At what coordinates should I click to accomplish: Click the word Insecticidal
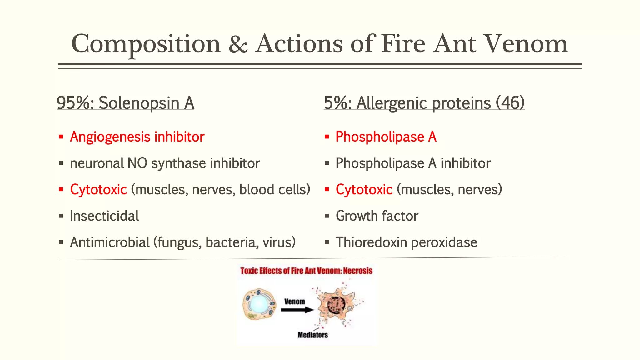click(104, 216)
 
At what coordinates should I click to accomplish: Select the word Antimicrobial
click(110, 242)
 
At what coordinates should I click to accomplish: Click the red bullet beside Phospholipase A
click(327, 137)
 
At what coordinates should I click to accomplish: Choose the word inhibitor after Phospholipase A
click(465, 163)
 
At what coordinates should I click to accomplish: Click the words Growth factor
click(377, 216)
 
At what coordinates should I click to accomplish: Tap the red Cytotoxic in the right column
click(364, 190)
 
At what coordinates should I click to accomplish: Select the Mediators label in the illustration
click(313, 335)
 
